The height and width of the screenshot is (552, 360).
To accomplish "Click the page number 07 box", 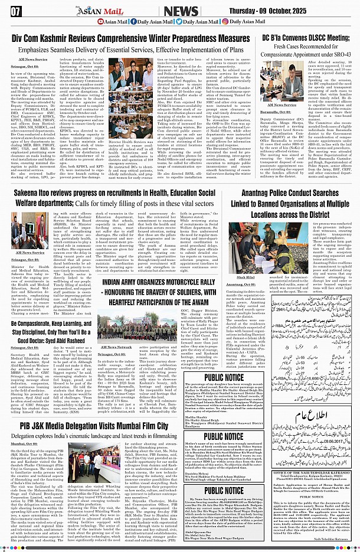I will coord(16,10).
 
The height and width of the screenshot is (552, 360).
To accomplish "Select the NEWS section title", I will coord(180,10).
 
